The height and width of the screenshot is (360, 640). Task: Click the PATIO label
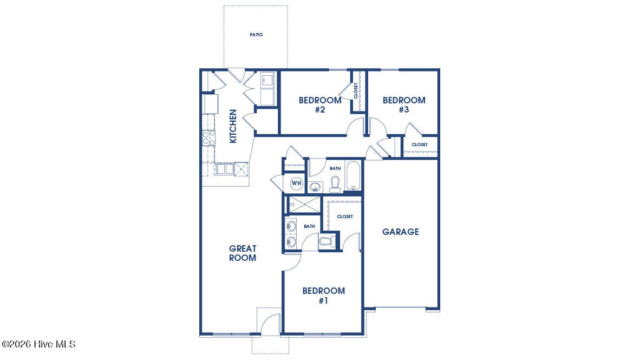(x=256, y=35)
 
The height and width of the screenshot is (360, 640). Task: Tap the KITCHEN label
(x=233, y=126)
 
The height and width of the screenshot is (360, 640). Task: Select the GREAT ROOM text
(x=243, y=253)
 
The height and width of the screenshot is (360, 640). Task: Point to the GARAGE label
(x=401, y=232)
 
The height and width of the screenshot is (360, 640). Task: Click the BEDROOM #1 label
(x=324, y=296)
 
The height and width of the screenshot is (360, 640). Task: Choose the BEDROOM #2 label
(x=320, y=105)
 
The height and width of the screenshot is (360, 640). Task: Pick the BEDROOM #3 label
(x=404, y=105)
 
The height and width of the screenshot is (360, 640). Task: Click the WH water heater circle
(x=296, y=184)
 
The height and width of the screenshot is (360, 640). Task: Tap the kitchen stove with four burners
(x=208, y=138)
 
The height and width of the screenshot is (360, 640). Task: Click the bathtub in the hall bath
(x=353, y=176)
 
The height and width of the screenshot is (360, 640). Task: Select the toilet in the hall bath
(x=335, y=185)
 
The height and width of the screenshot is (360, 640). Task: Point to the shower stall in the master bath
(x=304, y=204)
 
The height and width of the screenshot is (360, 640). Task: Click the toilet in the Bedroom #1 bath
(x=327, y=241)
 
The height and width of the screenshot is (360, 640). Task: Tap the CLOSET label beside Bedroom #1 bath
(x=345, y=217)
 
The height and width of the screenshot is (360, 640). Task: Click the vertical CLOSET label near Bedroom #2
(x=356, y=90)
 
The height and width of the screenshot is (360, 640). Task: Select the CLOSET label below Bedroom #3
(x=420, y=145)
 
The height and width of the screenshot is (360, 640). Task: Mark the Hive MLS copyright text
(x=38, y=344)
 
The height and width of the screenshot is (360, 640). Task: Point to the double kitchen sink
(x=225, y=168)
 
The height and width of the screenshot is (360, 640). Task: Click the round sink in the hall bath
(x=315, y=187)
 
